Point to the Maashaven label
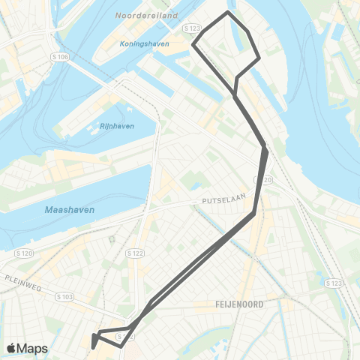click(x=70, y=210)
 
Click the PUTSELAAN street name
click(x=220, y=202)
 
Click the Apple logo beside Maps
click(x=12, y=348)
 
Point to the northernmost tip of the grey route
click(x=228, y=12)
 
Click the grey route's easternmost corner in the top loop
click(x=259, y=58)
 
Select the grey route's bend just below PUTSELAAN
click(x=253, y=214)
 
